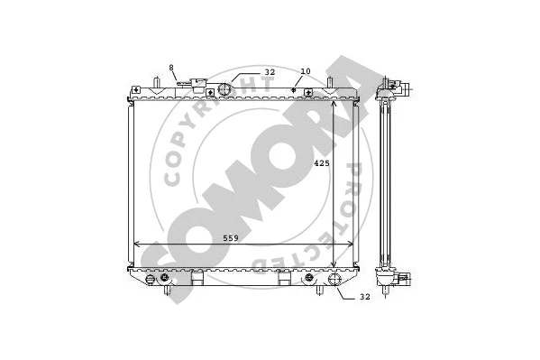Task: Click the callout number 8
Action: tap(171, 69)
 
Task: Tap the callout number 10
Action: tap(305, 70)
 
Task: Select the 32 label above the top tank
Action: tap(269, 71)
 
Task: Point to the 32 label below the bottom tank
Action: tap(364, 296)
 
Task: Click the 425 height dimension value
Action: tap(321, 163)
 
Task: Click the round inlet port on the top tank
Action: tap(225, 88)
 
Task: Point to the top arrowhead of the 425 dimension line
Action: tap(335, 102)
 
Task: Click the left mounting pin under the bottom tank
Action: tap(167, 291)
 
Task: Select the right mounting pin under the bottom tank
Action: tap(321, 291)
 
